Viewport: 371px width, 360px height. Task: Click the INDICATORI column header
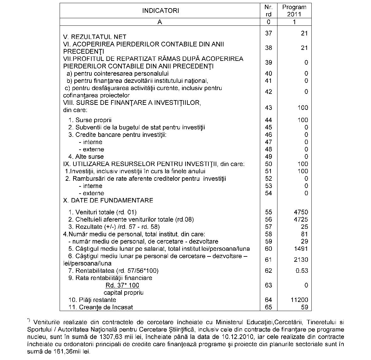pyautogui.click(x=160, y=11)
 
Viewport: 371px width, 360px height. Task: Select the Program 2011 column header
pyautogui.click(x=294, y=11)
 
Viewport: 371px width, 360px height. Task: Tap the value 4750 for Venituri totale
pyautogui.click(x=300, y=212)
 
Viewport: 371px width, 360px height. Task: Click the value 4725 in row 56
pyautogui.click(x=300, y=219)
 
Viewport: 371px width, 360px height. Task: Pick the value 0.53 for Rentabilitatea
pyautogui.click(x=302, y=271)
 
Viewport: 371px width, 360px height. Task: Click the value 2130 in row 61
pyautogui.click(x=300, y=260)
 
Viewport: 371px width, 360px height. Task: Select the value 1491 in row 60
pyautogui.click(x=300, y=249)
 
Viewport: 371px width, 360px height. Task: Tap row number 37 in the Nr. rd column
pyautogui.click(x=268, y=33)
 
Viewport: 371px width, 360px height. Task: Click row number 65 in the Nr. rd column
pyautogui.click(x=268, y=307)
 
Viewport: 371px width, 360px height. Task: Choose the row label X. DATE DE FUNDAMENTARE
pyautogui.click(x=108, y=200)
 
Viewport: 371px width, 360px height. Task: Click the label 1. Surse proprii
pyautogui.click(x=90, y=120)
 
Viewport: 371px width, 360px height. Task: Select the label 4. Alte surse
pyautogui.click(x=86, y=157)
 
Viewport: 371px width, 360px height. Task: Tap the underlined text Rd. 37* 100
pyautogui.click(x=122, y=285)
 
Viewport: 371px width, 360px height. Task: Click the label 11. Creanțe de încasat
pyautogui.click(x=100, y=307)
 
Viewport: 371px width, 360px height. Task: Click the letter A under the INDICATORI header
pyautogui.click(x=160, y=22)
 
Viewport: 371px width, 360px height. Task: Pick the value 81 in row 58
pyautogui.click(x=304, y=234)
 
